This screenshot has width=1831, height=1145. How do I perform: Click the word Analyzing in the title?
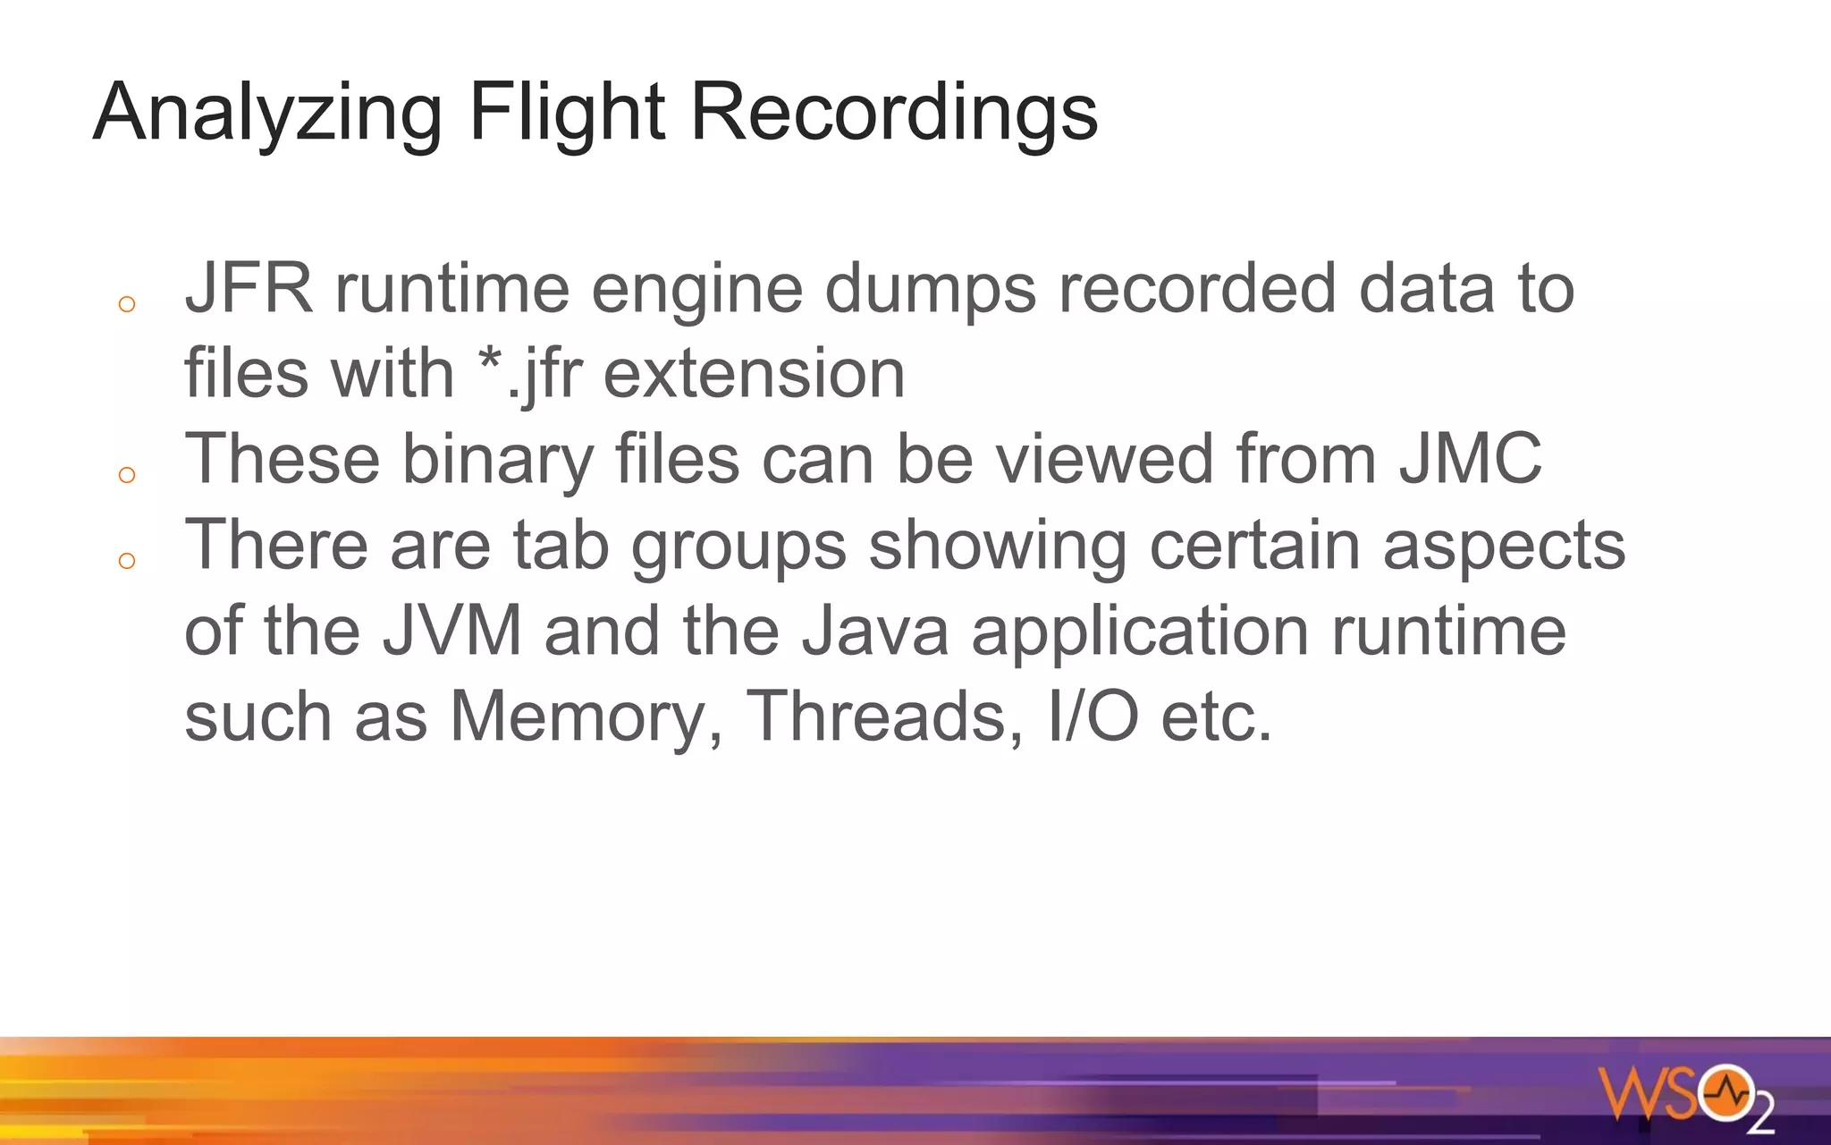pos(267,113)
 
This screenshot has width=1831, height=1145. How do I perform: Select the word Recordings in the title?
pos(894,113)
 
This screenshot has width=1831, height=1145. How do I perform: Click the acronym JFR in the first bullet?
pos(249,288)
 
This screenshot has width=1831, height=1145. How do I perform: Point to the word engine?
pos(696,290)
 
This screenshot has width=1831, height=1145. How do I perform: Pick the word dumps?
pos(930,290)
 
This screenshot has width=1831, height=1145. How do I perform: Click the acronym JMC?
pos(1470,459)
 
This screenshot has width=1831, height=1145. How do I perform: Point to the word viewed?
pos(1104,459)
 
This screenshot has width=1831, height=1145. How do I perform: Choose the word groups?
pos(738,546)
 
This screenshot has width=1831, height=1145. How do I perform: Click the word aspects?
pos(1504,546)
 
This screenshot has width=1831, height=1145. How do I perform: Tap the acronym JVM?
pos(452,631)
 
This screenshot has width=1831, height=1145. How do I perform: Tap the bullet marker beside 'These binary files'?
pos(127,475)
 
